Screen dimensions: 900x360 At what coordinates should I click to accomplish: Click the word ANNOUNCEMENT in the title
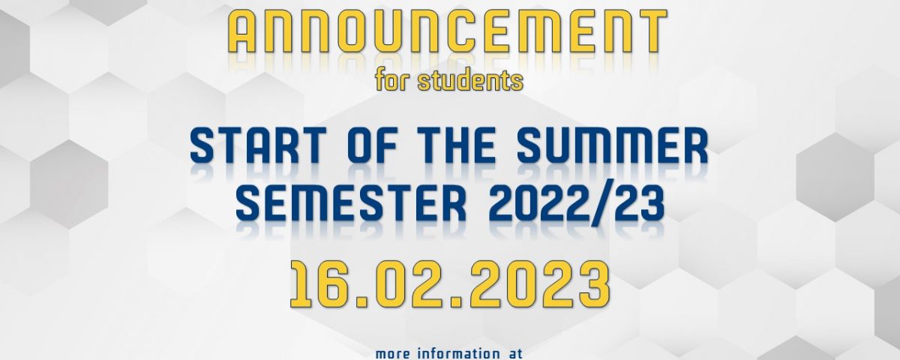point(447,31)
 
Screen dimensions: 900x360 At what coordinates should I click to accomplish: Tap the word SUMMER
point(612,145)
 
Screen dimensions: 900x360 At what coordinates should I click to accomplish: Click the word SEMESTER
point(351,205)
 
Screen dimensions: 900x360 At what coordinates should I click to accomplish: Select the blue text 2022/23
point(576,205)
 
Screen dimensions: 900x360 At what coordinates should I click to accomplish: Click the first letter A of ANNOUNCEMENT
point(244,31)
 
